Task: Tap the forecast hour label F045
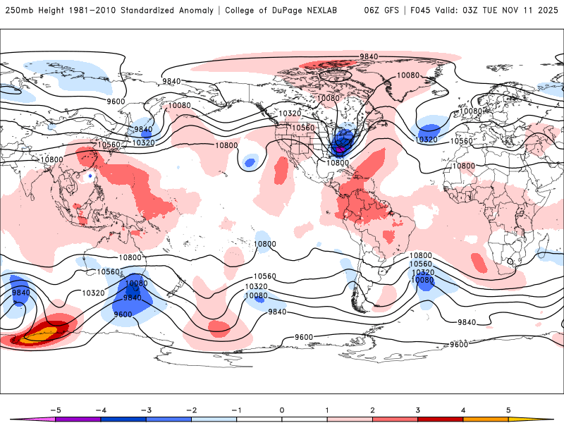pos(422,11)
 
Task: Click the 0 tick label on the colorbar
pos(281,409)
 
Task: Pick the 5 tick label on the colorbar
pos(508,409)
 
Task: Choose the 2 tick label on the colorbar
pos(372,409)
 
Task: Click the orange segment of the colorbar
pos(486,419)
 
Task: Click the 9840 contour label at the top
pos(369,56)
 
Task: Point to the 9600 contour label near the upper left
pos(116,101)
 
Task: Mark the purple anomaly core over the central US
pos(340,149)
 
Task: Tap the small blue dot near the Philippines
pos(90,174)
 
